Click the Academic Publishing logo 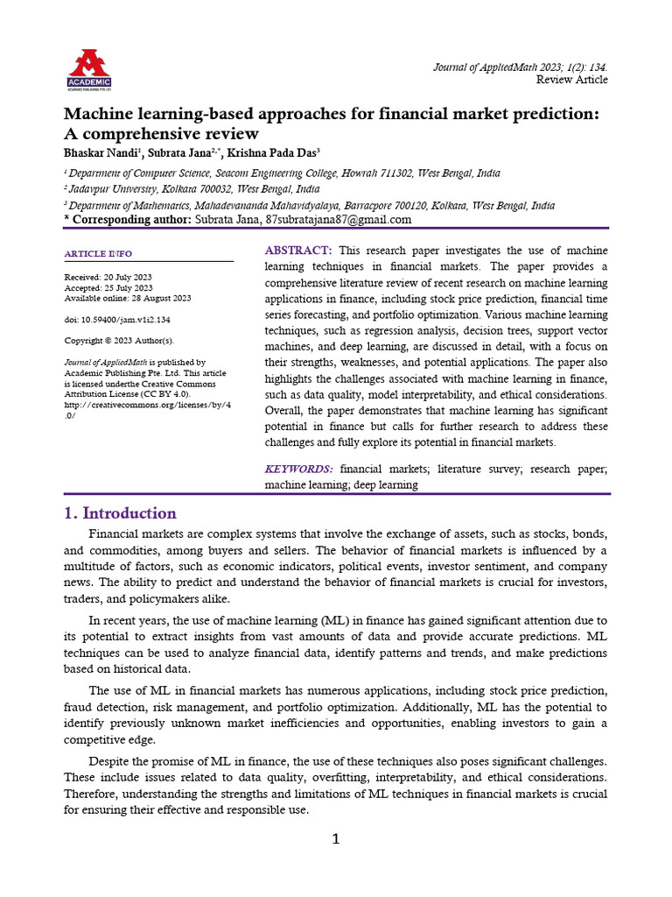click(x=89, y=69)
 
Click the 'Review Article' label click(x=571, y=80)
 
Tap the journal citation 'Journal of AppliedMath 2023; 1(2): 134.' click(x=521, y=67)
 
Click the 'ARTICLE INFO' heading click(x=98, y=254)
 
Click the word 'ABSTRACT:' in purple click(x=297, y=251)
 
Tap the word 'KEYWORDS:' click(x=298, y=470)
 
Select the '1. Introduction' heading click(x=120, y=513)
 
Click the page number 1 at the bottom click(x=335, y=839)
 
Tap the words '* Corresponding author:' click(x=128, y=220)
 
